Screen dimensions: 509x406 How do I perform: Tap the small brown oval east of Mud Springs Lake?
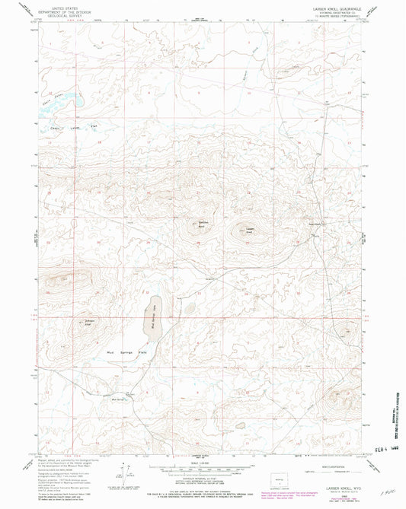click(x=188, y=310)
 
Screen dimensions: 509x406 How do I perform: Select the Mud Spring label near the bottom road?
click(x=118, y=396)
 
